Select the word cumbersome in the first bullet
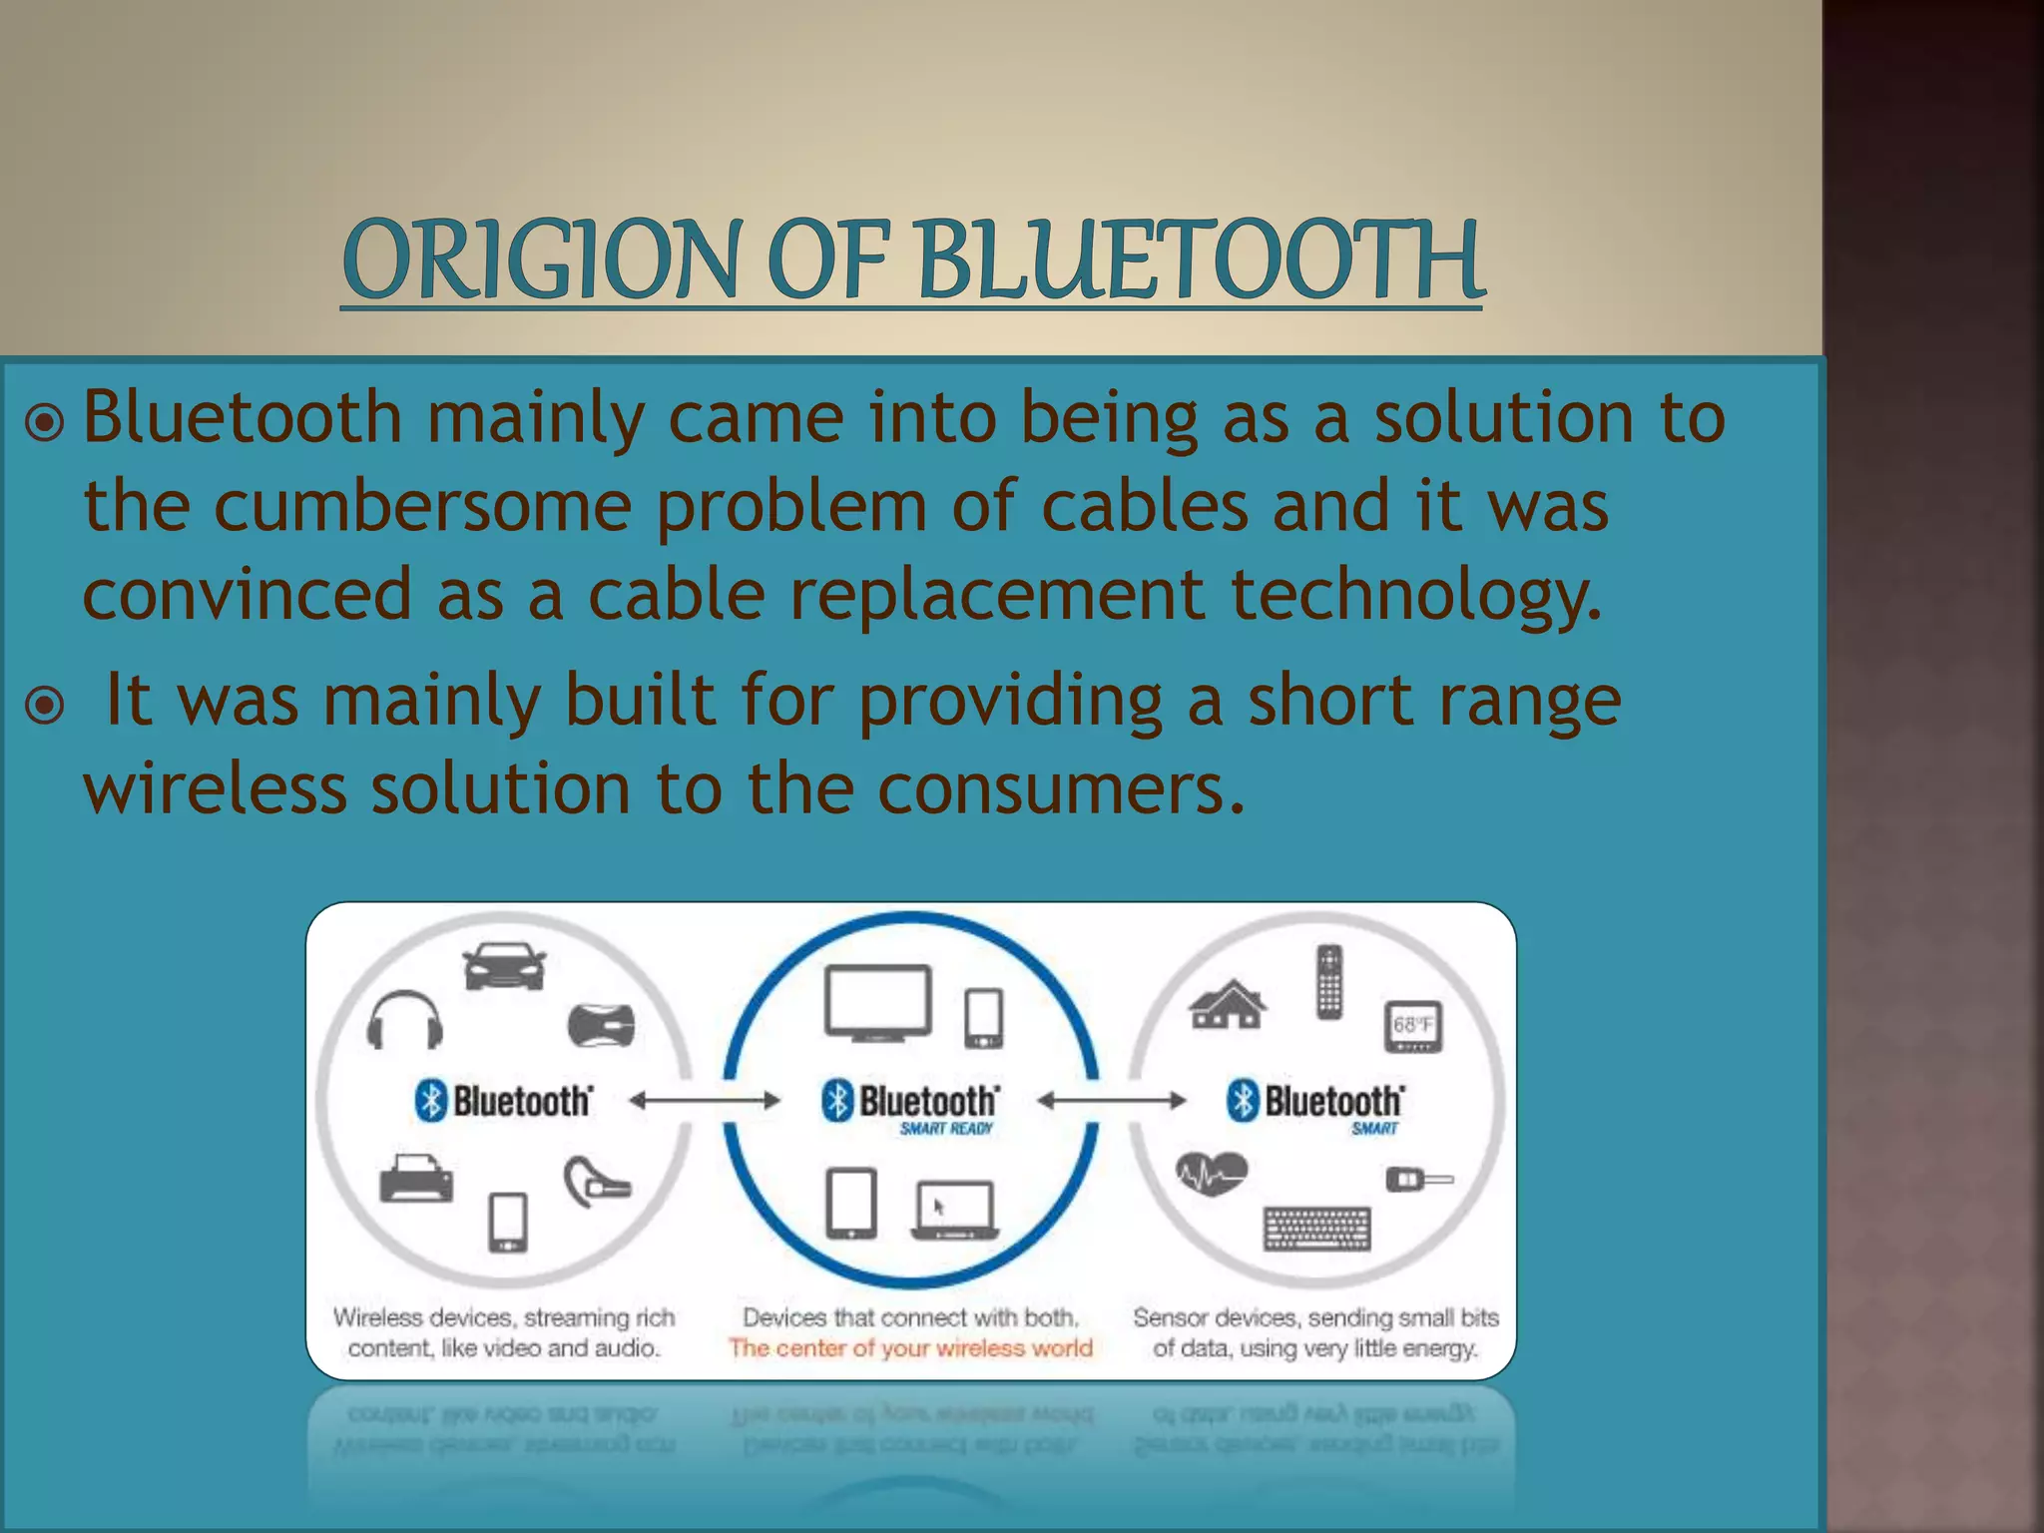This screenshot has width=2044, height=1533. tap(422, 507)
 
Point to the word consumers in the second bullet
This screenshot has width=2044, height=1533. tap(1062, 789)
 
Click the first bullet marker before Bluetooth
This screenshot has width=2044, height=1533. tap(45, 422)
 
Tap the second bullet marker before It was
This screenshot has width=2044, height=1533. tap(45, 706)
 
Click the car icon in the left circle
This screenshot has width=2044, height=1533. tap(504, 966)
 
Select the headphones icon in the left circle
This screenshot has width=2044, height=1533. tap(404, 1020)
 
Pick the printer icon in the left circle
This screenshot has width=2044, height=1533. tap(416, 1179)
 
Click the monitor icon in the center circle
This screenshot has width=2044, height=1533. tap(877, 1003)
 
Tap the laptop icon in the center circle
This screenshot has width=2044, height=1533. tap(955, 1210)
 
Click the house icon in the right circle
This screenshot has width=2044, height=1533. tap(1228, 1004)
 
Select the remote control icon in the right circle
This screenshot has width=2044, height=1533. tap(1328, 982)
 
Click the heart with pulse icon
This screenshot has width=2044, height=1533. tap(1211, 1174)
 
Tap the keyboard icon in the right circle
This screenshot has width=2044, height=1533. tap(1317, 1229)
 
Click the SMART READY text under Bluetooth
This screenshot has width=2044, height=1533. tap(945, 1129)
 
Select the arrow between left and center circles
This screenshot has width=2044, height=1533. tap(705, 1101)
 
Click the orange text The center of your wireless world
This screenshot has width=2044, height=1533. tap(910, 1348)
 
